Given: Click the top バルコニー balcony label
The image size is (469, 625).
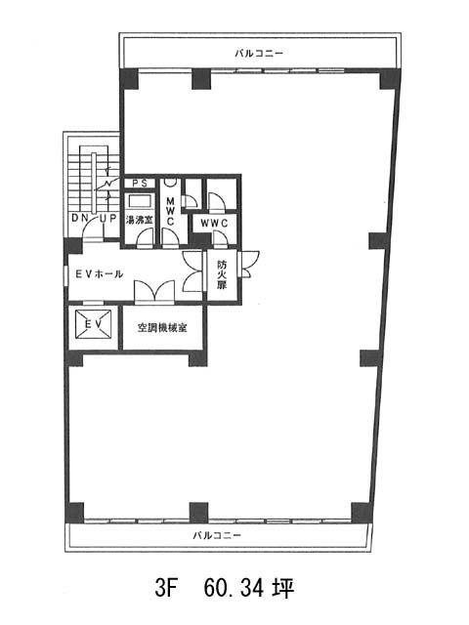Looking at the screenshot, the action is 259,54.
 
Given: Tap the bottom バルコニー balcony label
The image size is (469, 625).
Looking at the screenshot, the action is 217,535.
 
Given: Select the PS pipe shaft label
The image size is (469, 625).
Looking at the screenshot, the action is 140,184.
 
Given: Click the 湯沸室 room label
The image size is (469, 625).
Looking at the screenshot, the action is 139,220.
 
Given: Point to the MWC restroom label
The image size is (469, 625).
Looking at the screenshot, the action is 170,211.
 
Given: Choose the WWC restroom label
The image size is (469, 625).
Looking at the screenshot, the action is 214,224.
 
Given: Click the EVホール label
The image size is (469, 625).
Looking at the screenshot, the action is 100,273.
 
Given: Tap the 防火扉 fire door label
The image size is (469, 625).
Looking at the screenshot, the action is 222,274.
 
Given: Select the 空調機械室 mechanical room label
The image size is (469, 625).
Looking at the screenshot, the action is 162,328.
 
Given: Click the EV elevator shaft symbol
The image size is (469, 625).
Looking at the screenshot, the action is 94,324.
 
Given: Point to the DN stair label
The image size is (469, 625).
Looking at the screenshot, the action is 78,218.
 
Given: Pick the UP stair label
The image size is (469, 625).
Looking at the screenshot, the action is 107,218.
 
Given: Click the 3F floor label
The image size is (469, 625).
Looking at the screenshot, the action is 165,588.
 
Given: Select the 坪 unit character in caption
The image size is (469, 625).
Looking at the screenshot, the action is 283,588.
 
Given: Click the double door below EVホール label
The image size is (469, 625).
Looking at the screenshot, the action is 154,292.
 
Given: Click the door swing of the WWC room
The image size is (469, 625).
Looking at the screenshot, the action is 220,238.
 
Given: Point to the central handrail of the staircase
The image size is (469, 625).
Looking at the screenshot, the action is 93,185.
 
